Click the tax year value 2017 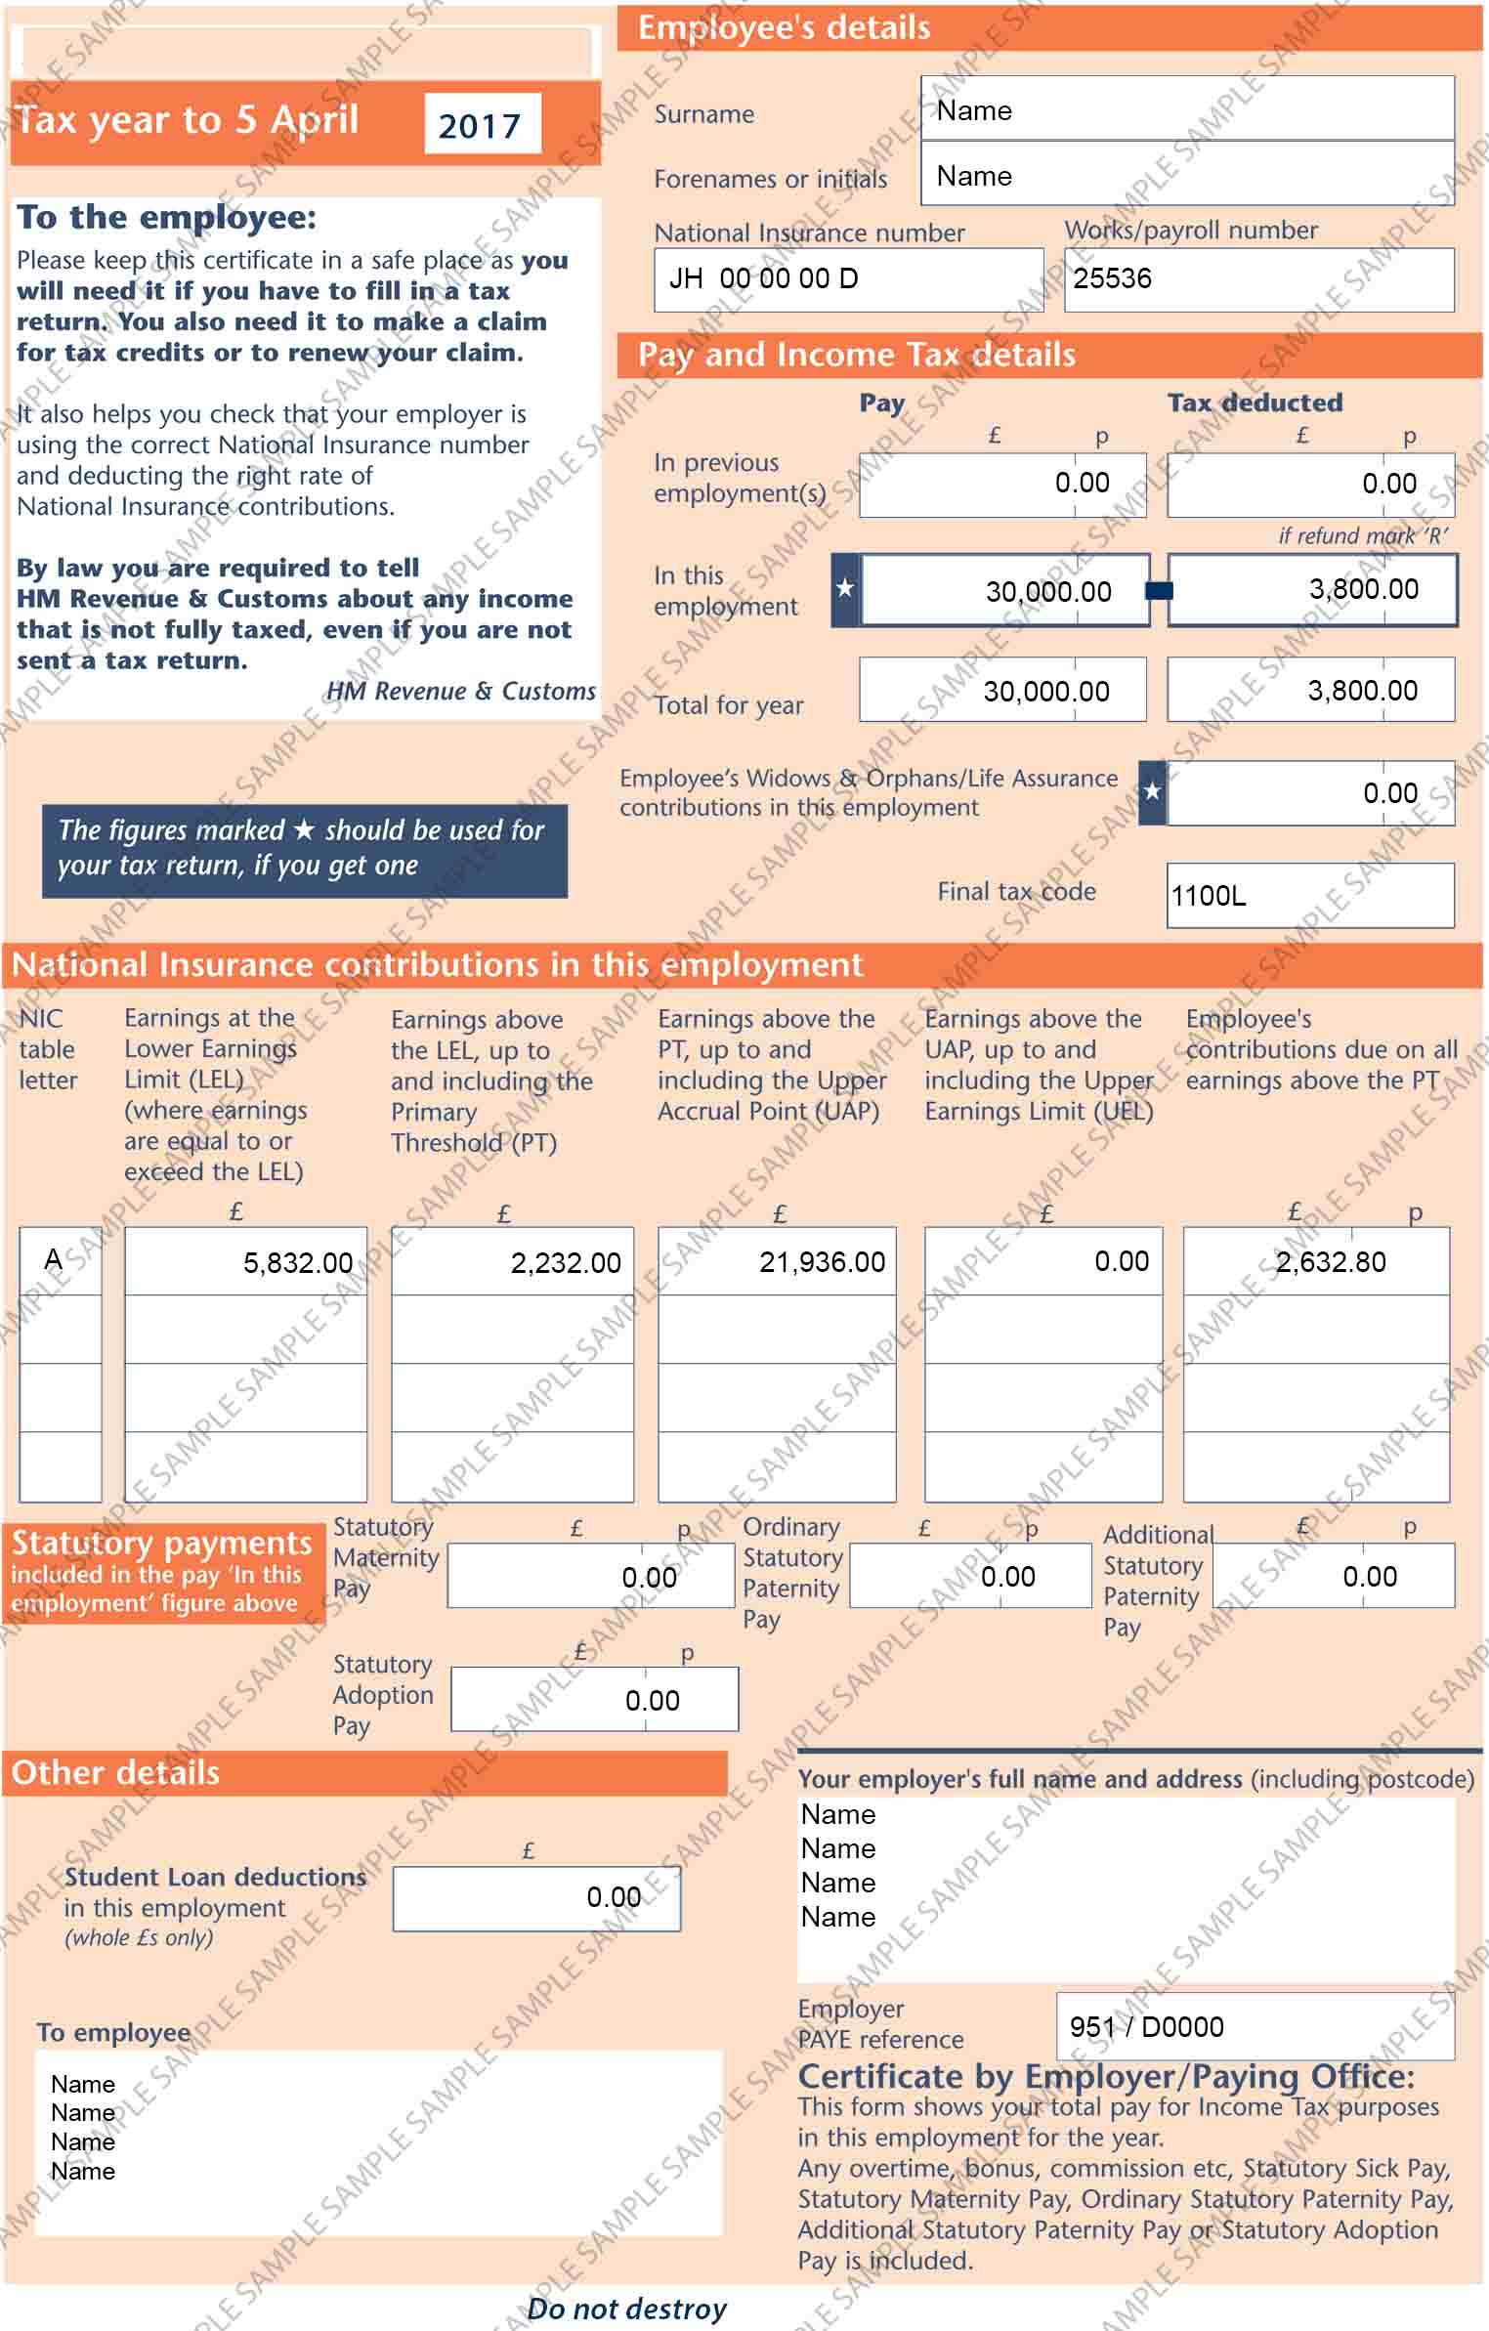click(x=480, y=125)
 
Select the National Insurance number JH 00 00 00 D click(x=763, y=279)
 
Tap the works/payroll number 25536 click(x=1112, y=279)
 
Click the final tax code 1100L click(x=1209, y=896)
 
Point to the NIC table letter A click(x=54, y=1259)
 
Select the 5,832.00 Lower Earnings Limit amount click(x=298, y=1263)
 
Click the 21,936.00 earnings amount click(x=822, y=1262)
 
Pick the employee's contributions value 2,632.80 click(x=1331, y=1262)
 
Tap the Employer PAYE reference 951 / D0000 click(x=1146, y=2027)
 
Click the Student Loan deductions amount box click(x=536, y=1898)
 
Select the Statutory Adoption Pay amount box click(x=594, y=1701)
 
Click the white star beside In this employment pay click(x=845, y=589)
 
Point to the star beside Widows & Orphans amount click(x=1152, y=791)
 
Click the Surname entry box click(x=1186, y=109)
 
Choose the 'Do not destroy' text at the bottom click(x=626, y=2309)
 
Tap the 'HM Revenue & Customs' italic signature click(x=460, y=692)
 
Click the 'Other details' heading click(x=115, y=1773)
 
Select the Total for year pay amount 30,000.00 click(x=1045, y=692)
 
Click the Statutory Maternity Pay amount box click(x=590, y=1577)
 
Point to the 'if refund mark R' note click(x=1362, y=535)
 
